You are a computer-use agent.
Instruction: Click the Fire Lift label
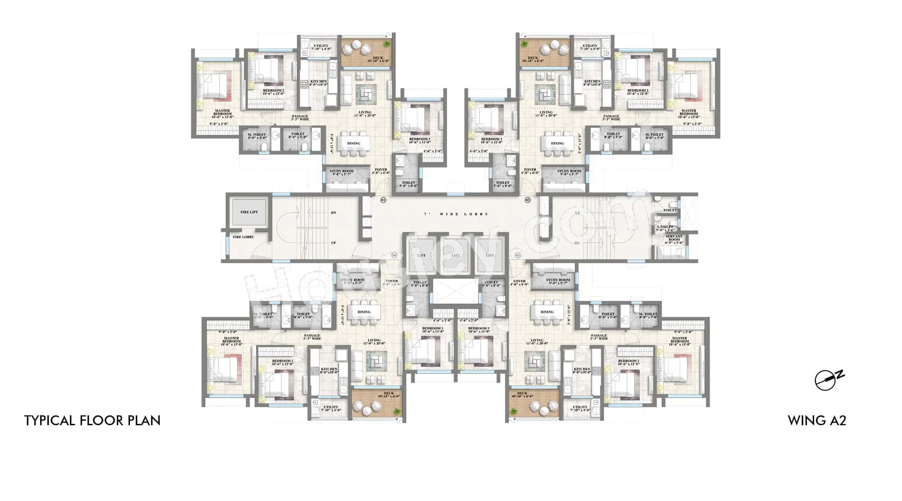click(249, 212)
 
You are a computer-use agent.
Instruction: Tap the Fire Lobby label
click(243, 237)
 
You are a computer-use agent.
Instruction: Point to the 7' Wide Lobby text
click(456, 214)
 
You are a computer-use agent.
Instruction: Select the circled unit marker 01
click(383, 200)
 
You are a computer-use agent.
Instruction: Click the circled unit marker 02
click(527, 200)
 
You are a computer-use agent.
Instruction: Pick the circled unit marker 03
click(518, 255)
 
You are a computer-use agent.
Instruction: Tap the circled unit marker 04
click(394, 255)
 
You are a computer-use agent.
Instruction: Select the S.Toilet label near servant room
click(665, 227)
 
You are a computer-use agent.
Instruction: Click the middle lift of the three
click(456, 255)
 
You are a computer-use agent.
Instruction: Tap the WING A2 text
click(817, 421)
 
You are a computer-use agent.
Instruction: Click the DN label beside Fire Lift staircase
click(334, 213)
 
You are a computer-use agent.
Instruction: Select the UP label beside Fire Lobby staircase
click(334, 243)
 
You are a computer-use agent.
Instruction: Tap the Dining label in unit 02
click(557, 143)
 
